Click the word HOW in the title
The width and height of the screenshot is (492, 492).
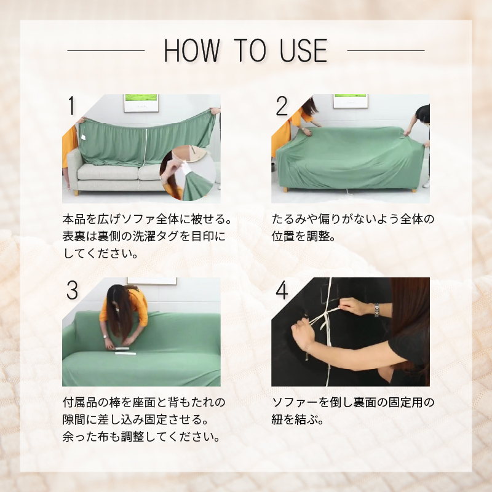coord(192,50)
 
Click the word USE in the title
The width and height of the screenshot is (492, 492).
coord(304,50)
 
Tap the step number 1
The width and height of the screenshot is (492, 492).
coord(72,106)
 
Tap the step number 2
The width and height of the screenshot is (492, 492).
coord(282,106)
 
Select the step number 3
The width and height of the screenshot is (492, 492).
coord(72,290)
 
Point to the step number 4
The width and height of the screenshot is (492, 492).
coord(282,290)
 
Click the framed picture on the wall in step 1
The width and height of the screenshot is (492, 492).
coord(141,103)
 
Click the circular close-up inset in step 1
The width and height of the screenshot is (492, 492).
coord(188,173)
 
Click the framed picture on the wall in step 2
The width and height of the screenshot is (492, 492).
coord(351,101)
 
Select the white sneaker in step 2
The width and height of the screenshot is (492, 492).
coord(426,184)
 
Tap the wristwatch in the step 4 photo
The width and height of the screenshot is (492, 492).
coord(376,310)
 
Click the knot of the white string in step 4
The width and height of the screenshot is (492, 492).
coord(327,314)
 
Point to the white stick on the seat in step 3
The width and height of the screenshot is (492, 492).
coord(122,349)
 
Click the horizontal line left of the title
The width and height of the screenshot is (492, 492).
coord(106,50)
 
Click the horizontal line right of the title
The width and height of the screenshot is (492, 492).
coord(386,50)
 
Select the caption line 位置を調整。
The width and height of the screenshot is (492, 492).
coord(304,236)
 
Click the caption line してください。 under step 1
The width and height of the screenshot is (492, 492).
coord(100,253)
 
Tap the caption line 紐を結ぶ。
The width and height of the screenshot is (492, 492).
coord(298,419)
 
